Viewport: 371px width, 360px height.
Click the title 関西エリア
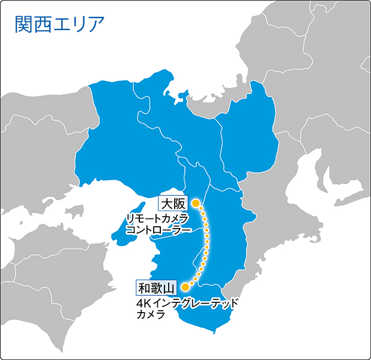(59, 23)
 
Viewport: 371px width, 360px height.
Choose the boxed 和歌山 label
(155, 287)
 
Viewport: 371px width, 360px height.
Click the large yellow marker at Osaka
(195, 203)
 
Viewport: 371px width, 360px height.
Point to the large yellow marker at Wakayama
(185, 287)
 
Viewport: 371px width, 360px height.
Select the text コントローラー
(159, 230)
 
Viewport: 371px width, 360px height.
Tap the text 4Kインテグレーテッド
(187, 302)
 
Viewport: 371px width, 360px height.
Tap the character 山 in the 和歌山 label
(168, 287)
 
